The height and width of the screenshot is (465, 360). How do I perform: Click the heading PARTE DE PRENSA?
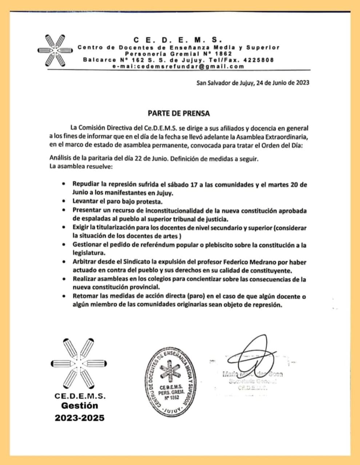pyautogui.click(x=179, y=113)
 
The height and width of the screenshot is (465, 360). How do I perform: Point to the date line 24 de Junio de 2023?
pyautogui.click(x=283, y=82)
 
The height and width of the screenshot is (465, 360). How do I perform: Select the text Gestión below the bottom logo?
pyautogui.click(x=80, y=405)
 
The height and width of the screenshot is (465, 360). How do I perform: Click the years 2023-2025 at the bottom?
pyautogui.click(x=80, y=418)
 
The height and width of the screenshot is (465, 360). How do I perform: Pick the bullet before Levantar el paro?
pyautogui.click(x=64, y=201)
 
